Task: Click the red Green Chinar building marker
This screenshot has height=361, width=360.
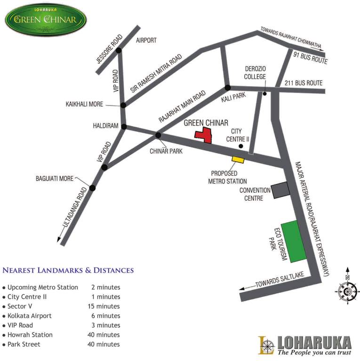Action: [x=204, y=135]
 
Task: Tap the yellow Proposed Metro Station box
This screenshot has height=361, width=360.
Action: [x=238, y=160]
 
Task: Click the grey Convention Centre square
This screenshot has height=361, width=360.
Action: [x=280, y=190]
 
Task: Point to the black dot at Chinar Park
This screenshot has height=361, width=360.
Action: [x=158, y=136]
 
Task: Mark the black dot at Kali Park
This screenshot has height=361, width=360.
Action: [x=227, y=87]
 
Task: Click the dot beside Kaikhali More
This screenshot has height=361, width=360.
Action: [x=123, y=105]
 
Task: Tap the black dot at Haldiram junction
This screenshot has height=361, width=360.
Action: [x=124, y=126]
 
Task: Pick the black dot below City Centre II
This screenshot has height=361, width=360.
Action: [x=240, y=147]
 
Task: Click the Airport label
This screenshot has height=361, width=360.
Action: [x=146, y=40]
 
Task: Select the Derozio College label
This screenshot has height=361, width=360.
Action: [x=255, y=73]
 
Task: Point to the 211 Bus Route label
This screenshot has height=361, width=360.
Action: [x=303, y=83]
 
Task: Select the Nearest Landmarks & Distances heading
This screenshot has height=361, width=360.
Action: [x=68, y=270]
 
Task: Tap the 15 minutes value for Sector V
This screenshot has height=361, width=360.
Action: [x=104, y=306]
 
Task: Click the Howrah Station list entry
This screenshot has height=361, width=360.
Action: [x=30, y=335]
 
